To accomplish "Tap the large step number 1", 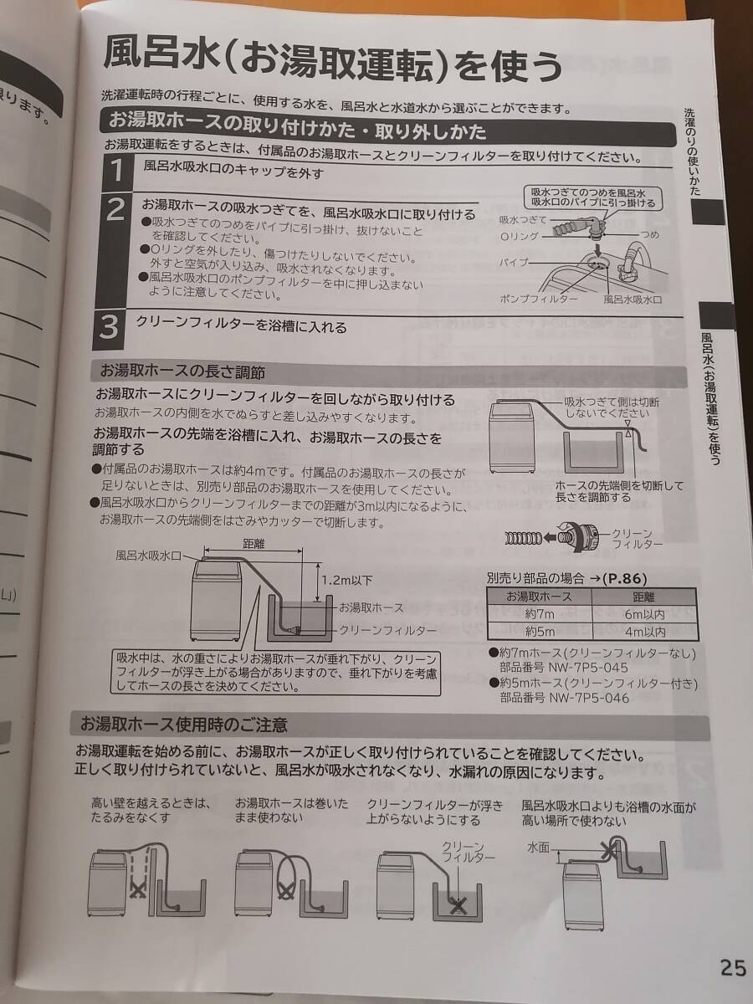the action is [117, 171].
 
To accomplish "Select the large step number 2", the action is [115, 211].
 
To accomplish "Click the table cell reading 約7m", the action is [539, 614].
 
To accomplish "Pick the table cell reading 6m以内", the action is [644, 615].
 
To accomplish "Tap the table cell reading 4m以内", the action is [645, 633].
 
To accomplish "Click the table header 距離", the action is [643, 597].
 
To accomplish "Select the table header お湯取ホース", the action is [539, 597].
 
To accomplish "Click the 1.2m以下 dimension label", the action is [346, 581].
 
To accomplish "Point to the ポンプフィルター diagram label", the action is [538, 300].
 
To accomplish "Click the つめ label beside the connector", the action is [650, 234].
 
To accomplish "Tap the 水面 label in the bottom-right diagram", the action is [539, 848].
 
